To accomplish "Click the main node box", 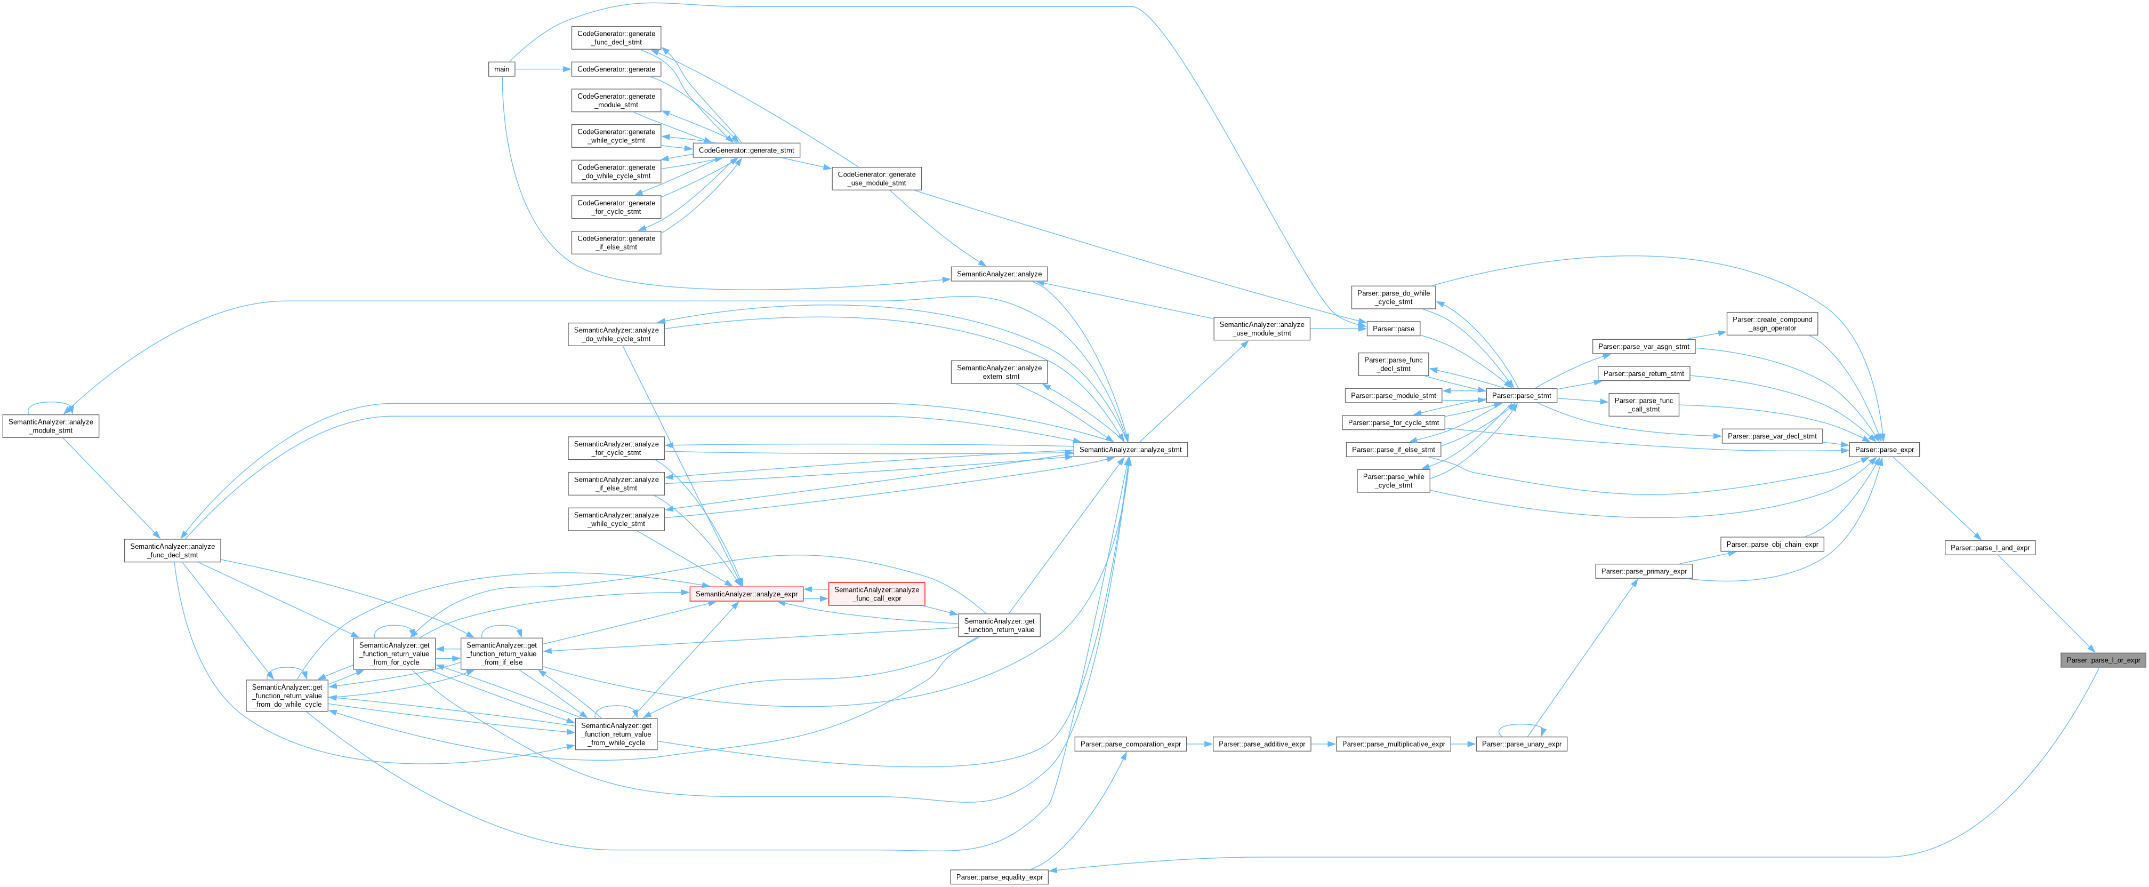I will (x=501, y=69).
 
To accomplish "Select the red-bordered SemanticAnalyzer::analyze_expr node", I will (x=746, y=594).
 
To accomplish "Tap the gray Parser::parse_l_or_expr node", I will (x=2102, y=660).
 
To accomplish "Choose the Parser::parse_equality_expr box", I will (x=999, y=877).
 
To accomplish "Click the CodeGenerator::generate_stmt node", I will (x=746, y=150).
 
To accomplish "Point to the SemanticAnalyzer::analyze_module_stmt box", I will (x=50, y=426).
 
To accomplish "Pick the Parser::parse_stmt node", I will (x=1521, y=396).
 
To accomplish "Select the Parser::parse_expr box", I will (x=1884, y=450).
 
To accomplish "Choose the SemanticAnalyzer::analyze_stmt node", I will (x=1130, y=450).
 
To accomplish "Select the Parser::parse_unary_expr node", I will (x=1521, y=744).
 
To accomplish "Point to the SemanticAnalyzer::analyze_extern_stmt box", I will (x=999, y=372).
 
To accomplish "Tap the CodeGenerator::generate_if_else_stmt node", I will (x=616, y=243).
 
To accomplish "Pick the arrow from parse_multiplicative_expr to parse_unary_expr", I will (x=1463, y=744).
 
